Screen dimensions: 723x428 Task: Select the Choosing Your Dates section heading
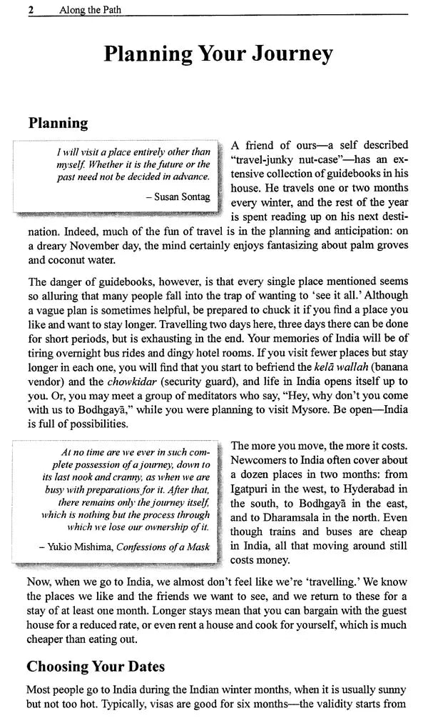(x=96, y=667)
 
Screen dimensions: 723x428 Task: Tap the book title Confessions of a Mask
(x=162, y=547)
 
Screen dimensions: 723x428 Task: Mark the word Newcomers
(x=263, y=460)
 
